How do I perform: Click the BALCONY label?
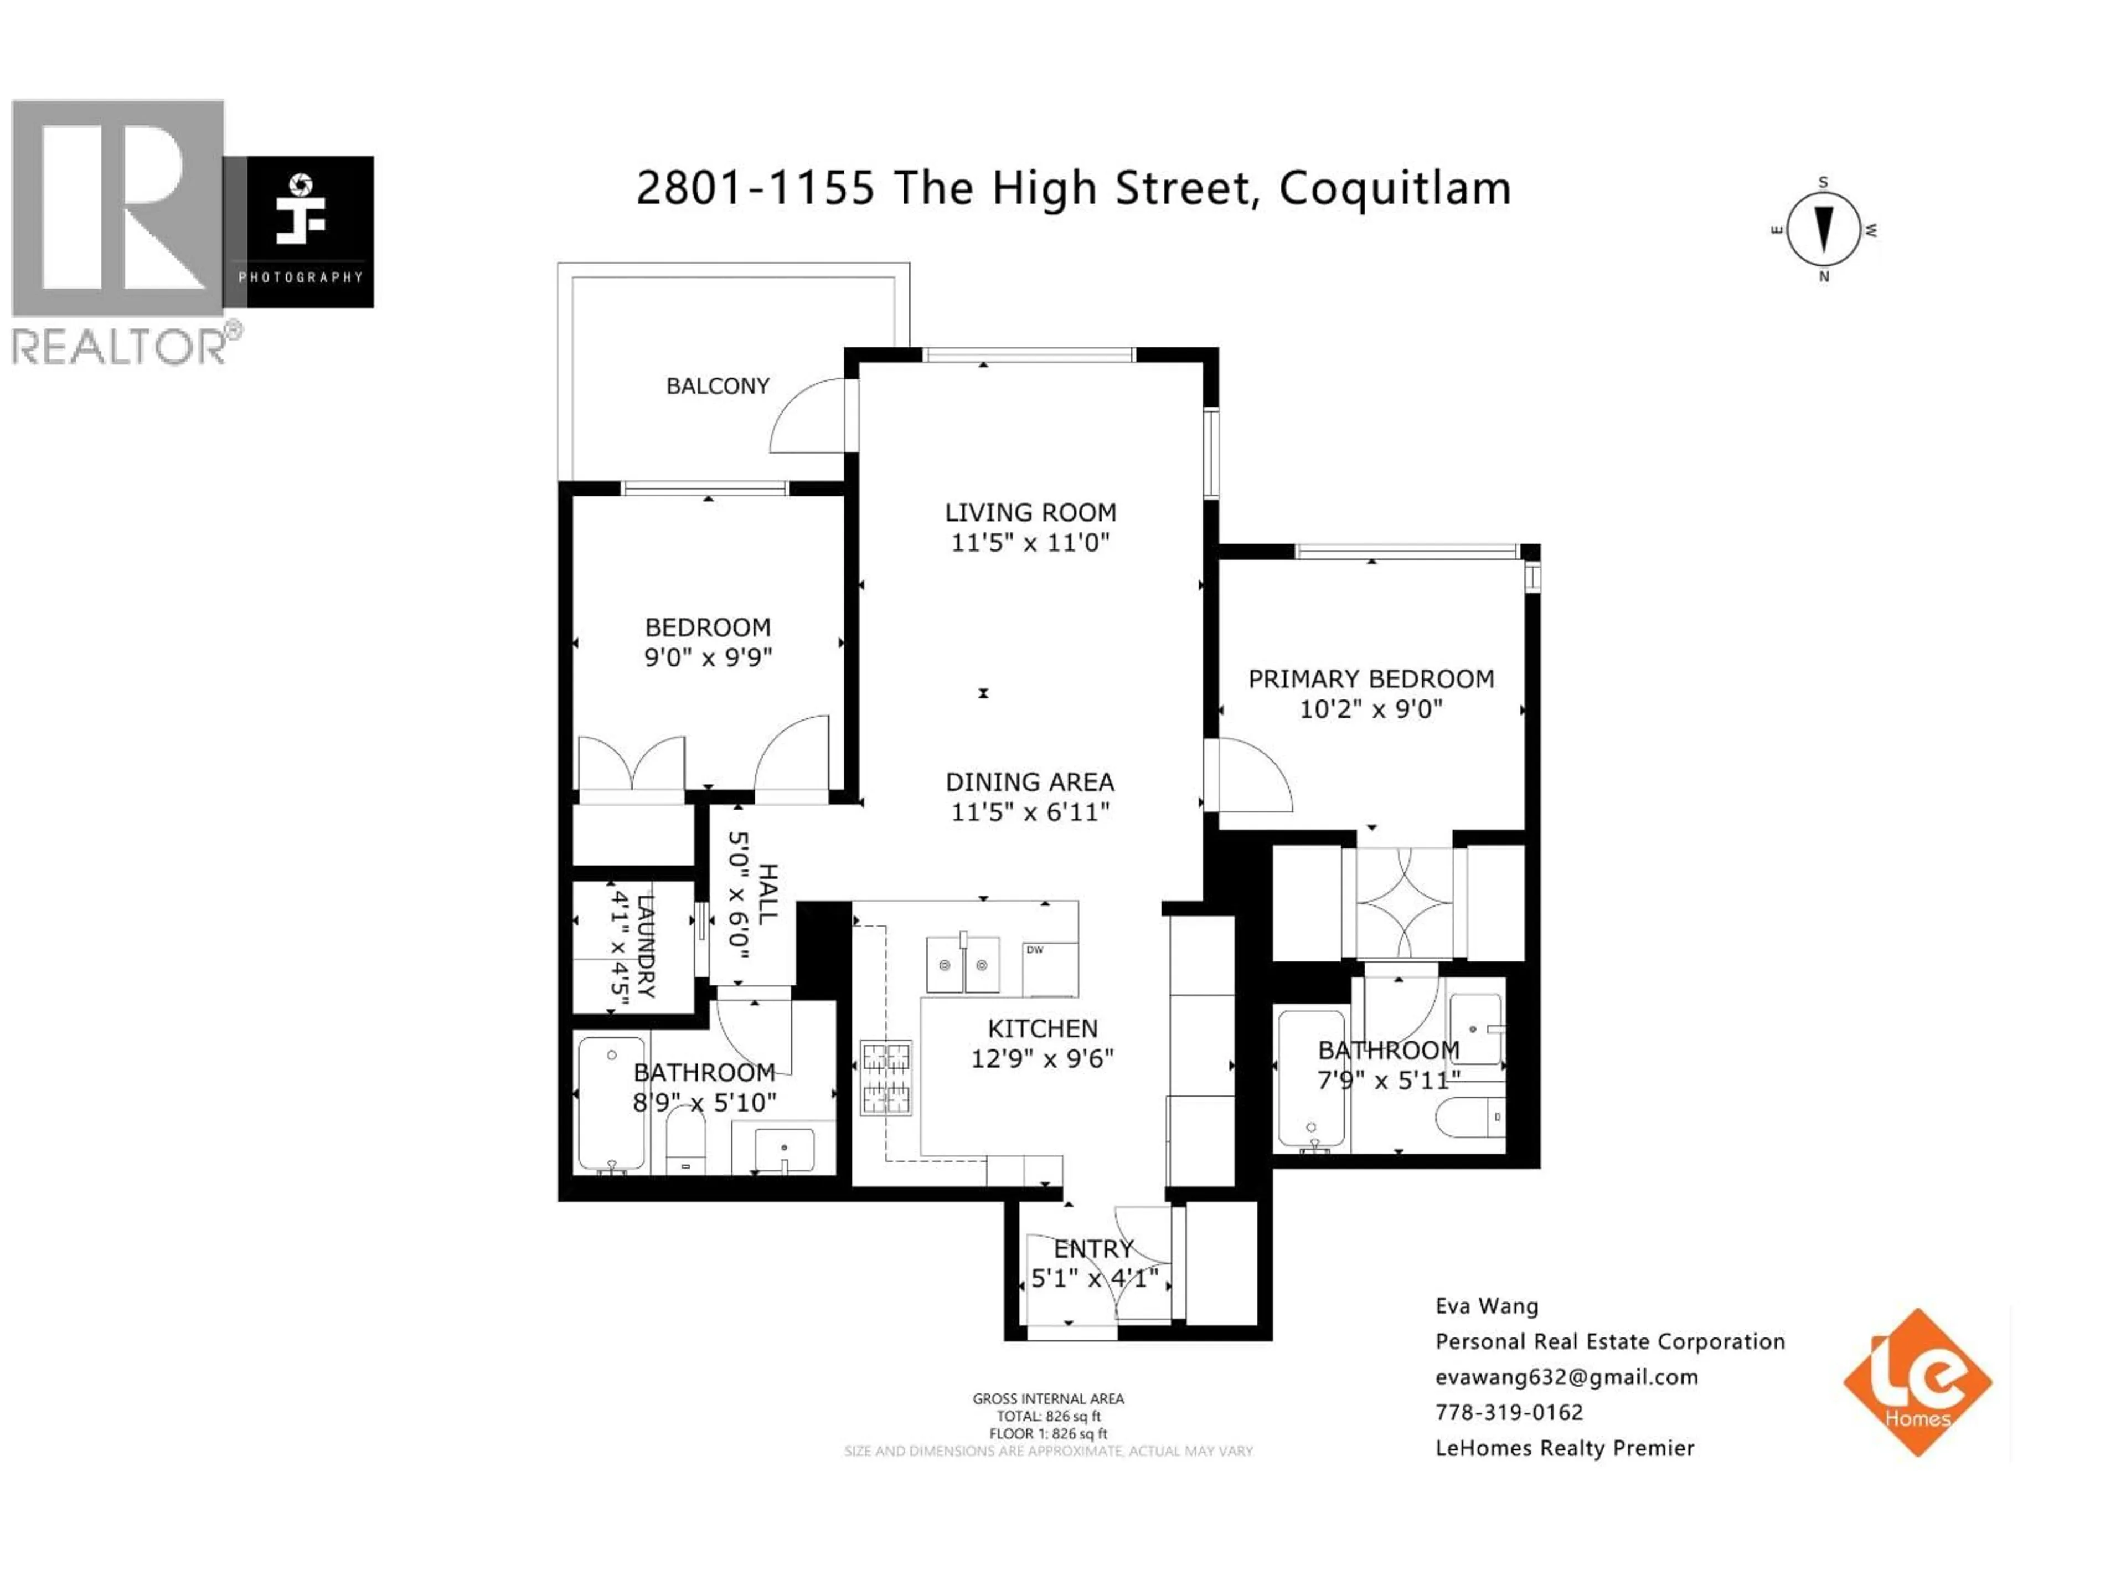click(718, 387)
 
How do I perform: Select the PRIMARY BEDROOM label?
click(1371, 680)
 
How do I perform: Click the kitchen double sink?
click(962, 963)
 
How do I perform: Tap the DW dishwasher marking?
click(1035, 950)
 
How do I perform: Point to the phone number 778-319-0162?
click(1508, 1412)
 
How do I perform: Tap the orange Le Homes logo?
click(1917, 1382)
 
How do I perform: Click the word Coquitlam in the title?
click(1395, 188)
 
